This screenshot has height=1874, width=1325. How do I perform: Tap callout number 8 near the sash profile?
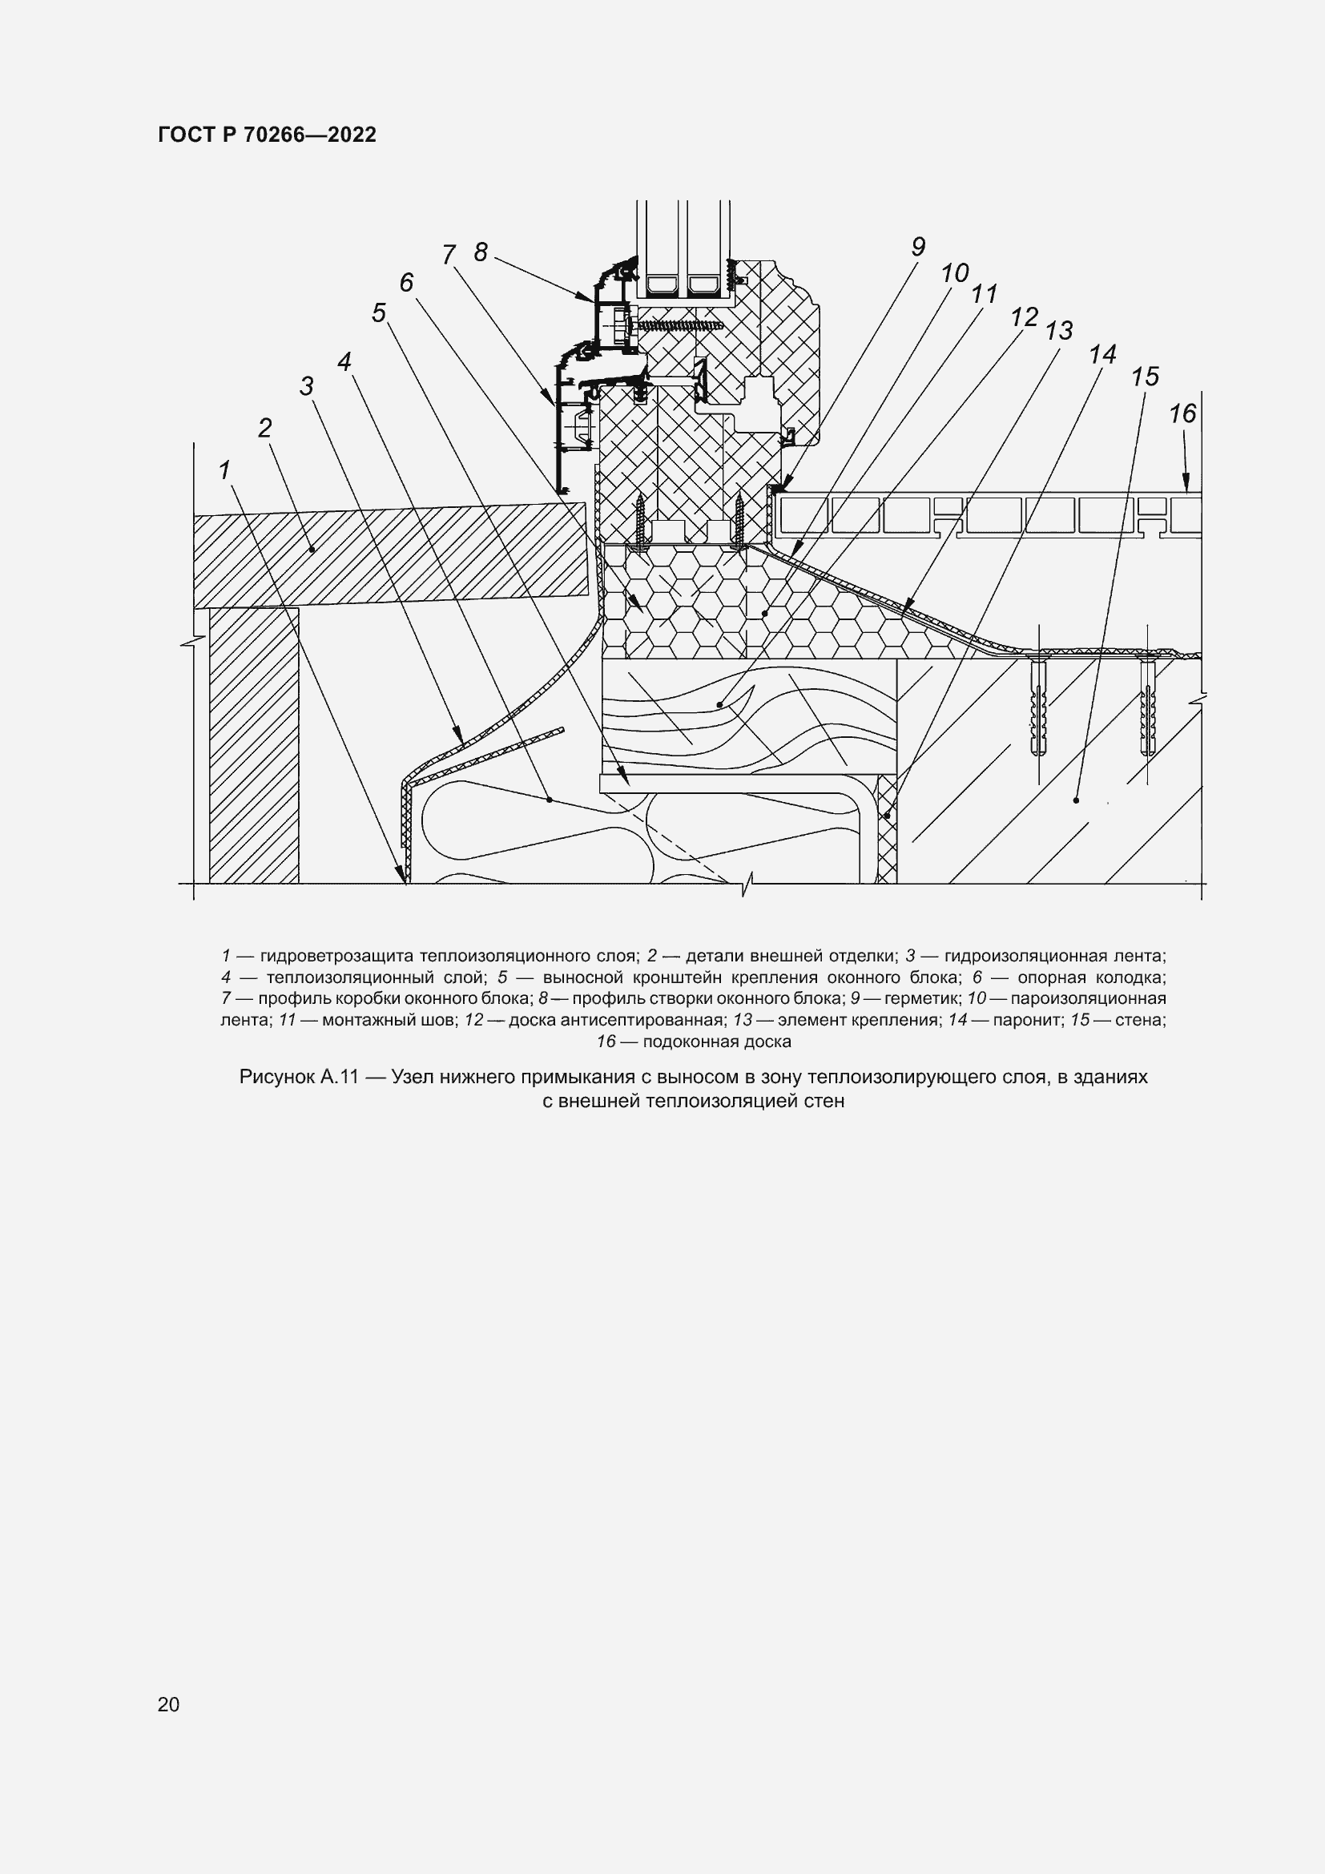point(481,252)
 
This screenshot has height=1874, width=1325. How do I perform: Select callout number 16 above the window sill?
point(1182,415)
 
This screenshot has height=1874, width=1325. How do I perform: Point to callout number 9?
point(918,248)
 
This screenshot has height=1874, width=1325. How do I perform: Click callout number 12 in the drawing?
point(1024,316)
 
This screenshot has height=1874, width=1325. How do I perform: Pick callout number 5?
point(379,313)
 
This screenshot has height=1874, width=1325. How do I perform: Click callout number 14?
point(1102,354)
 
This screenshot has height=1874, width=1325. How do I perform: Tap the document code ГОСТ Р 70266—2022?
point(267,135)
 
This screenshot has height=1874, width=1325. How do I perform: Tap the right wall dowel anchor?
point(1148,708)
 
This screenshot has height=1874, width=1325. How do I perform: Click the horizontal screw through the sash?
point(681,324)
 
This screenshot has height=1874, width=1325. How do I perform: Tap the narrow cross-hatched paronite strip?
point(887,829)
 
